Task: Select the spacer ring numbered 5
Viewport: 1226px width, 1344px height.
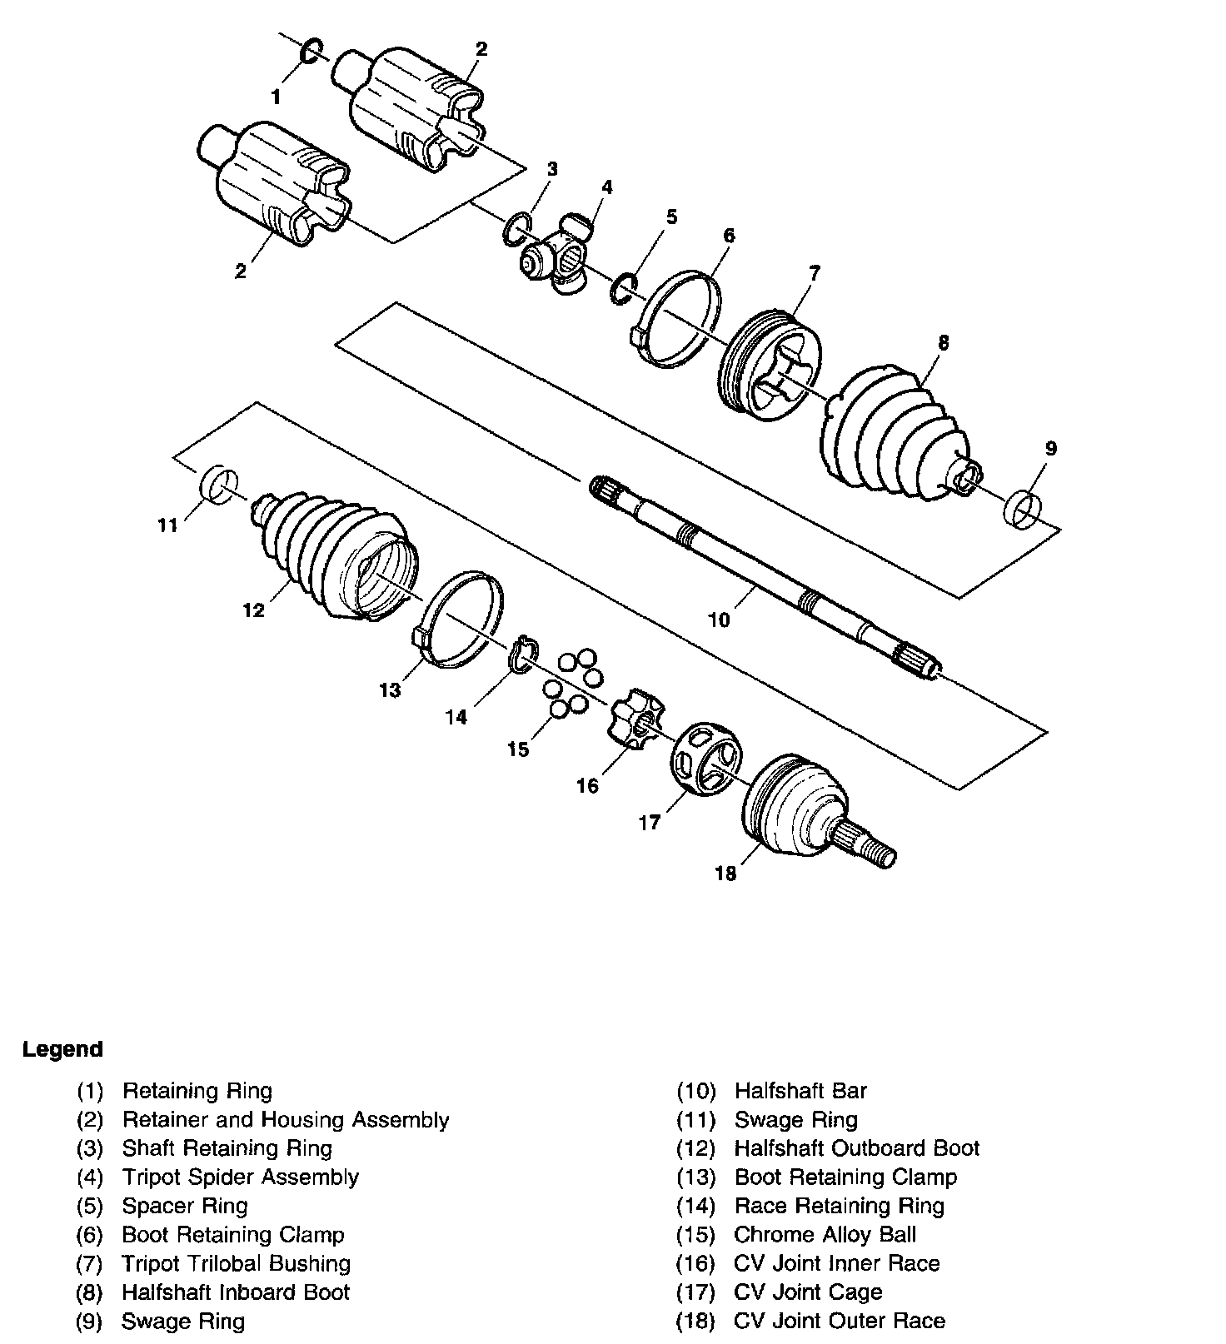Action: [x=624, y=286]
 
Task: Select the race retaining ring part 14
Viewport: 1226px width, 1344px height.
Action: [x=523, y=652]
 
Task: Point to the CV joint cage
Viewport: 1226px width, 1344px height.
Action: [x=705, y=759]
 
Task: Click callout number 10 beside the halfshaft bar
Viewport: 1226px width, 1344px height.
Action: [x=718, y=620]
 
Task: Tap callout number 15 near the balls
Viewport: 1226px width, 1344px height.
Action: [x=518, y=749]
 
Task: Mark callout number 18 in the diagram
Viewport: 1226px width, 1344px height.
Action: [x=725, y=874]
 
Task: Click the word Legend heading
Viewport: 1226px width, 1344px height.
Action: [x=62, y=1049]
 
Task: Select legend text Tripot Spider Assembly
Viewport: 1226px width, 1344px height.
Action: [x=240, y=1177]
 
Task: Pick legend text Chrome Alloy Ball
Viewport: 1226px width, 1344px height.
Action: [x=825, y=1234]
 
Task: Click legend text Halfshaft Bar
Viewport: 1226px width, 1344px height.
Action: [x=800, y=1090]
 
